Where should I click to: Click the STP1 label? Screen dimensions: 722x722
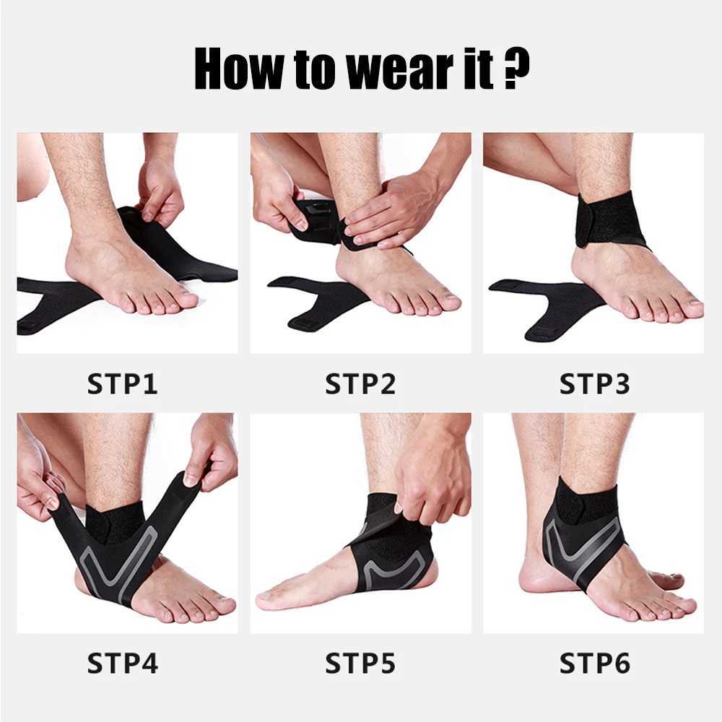(x=122, y=383)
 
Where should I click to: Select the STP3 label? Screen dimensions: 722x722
(x=594, y=383)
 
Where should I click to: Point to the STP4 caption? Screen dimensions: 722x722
(x=122, y=662)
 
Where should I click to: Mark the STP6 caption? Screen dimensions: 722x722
(x=594, y=662)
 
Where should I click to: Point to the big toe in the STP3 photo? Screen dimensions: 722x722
(x=690, y=307)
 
